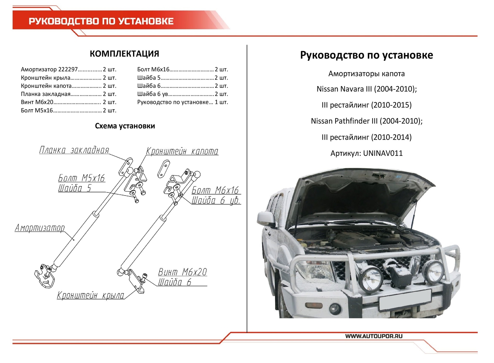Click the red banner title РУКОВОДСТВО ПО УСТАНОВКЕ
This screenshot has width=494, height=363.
[x=101, y=21]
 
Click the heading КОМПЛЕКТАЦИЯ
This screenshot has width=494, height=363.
[x=124, y=54]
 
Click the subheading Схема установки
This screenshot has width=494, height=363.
[x=125, y=126]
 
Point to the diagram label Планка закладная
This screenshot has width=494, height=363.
[x=74, y=150]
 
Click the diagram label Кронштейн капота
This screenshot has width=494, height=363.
[x=182, y=151]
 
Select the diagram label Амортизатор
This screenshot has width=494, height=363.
[x=40, y=228]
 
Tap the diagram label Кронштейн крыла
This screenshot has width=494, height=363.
[x=91, y=295]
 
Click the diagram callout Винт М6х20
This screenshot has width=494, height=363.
[x=182, y=272]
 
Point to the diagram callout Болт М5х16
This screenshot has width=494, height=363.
[x=81, y=178]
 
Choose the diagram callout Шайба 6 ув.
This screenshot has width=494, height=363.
[x=216, y=201]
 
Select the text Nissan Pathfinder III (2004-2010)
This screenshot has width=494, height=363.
[x=367, y=121]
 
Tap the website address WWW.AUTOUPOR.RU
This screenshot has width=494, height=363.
[x=374, y=336]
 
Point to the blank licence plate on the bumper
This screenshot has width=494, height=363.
[x=405, y=300]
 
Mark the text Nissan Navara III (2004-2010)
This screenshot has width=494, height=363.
[x=367, y=89]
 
